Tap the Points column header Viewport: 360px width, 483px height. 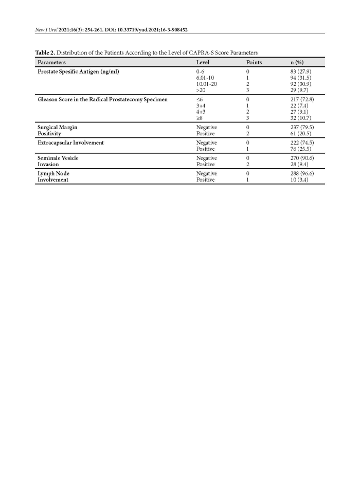[x=254, y=62]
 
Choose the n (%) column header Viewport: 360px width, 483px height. [x=297, y=62]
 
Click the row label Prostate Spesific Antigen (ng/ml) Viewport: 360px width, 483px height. [x=79, y=71]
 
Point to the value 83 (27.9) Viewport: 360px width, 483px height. [x=301, y=71]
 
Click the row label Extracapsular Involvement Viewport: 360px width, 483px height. [x=71, y=142]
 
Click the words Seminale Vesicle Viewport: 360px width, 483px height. [x=58, y=158]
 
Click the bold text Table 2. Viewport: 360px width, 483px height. [x=46, y=53]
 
